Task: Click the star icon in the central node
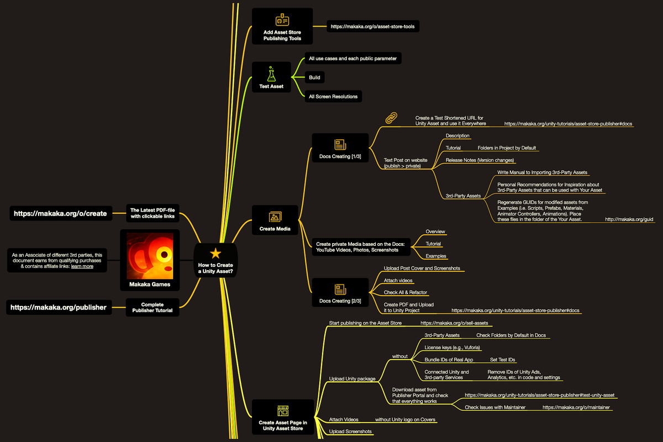pyautogui.click(x=215, y=253)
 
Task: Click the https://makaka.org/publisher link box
pyautogui.click(x=59, y=307)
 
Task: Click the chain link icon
pyautogui.click(x=391, y=118)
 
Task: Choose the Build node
pyautogui.click(x=314, y=78)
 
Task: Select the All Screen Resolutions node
pyautogui.click(x=333, y=97)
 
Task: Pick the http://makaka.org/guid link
pyautogui.click(x=629, y=219)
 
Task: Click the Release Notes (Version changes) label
pyautogui.click(x=480, y=160)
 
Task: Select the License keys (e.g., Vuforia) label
pyautogui.click(x=452, y=348)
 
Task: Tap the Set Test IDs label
pyautogui.click(x=503, y=360)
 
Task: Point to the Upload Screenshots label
pyautogui.click(x=350, y=432)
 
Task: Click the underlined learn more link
pyautogui.click(x=82, y=266)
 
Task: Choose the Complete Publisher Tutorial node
pyautogui.click(x=152, y=307)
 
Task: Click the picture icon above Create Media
pyautogui.click(x=276, y=217)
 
